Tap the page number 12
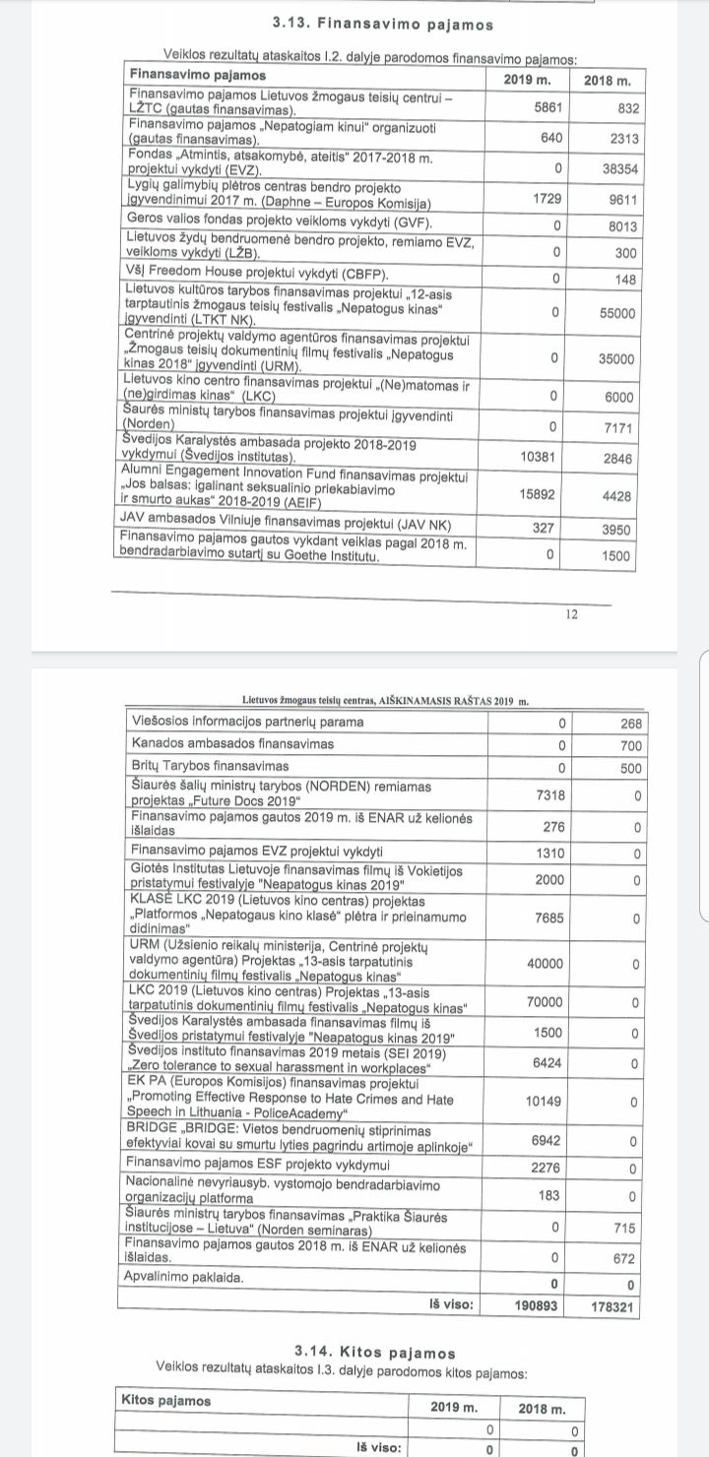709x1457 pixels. pyautogui.click(x=571, y=613)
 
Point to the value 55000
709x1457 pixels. pyautogui.click(x=618, y=312)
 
